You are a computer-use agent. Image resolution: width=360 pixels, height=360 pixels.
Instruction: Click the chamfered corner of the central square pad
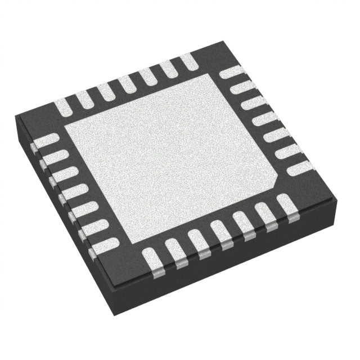click(x=274, y=183)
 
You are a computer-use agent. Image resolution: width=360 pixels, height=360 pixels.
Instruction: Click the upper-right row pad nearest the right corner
click(x=298, y=166)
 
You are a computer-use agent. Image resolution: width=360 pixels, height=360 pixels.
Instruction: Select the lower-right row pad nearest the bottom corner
click(x=151, y=259)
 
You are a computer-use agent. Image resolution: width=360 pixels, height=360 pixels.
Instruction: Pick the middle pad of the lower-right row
click(x=222, y=232)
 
